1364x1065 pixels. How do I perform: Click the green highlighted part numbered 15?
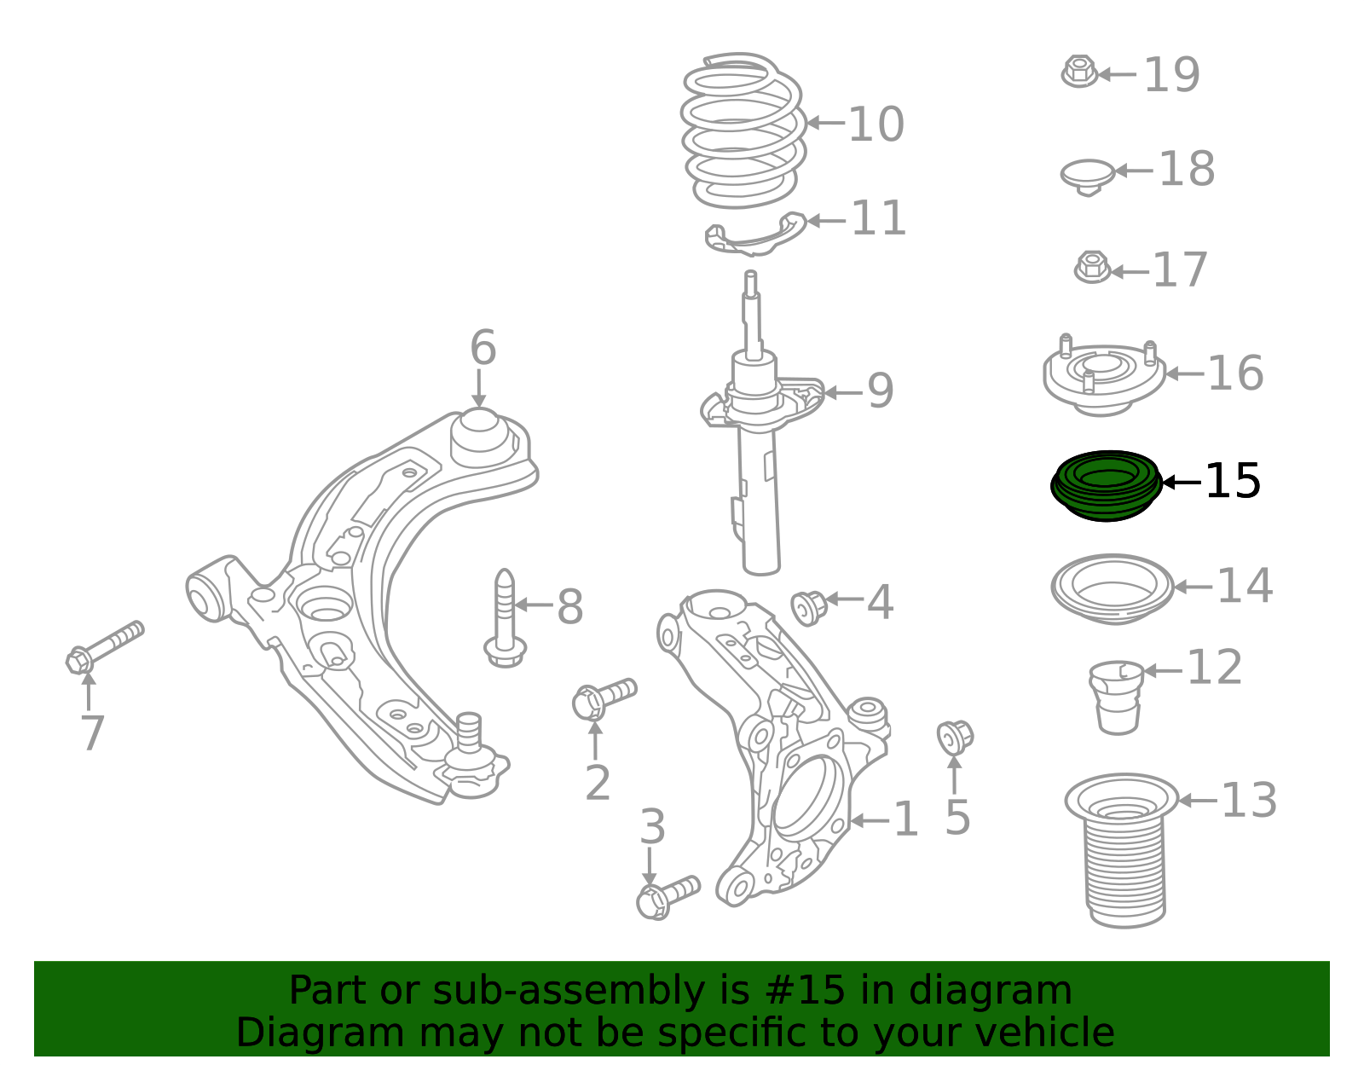click(1106, 486)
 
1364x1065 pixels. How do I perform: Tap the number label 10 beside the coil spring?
click(876, 124)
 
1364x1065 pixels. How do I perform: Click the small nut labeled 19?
click(1079, 72)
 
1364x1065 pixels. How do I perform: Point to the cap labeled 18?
click(1088, 175)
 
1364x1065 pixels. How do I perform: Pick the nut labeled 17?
click(1092, 267)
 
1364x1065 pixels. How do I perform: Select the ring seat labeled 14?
click(1112, 588)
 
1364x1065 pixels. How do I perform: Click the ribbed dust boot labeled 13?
click(1124, 853)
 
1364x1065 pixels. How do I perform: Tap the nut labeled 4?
click(808, 606)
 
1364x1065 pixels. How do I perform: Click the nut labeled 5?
click(954, 736)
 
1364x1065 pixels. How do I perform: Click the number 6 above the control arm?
click(483, 348)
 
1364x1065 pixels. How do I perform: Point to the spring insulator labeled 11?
click(755, 234)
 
